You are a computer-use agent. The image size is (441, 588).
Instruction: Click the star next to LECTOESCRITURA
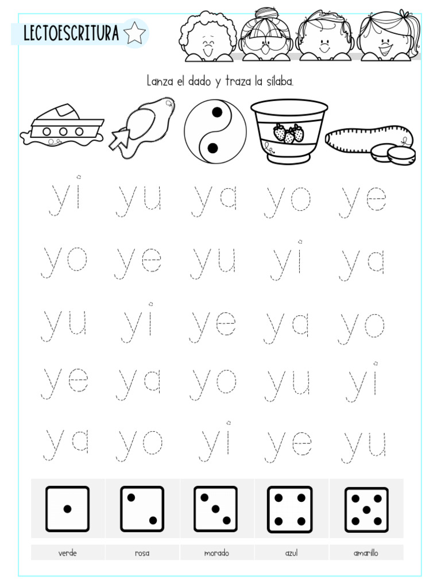click(134, 33)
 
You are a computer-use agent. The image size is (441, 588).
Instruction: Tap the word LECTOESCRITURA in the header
click(71, 34)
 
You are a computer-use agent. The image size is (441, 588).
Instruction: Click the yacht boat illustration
click(62, 127)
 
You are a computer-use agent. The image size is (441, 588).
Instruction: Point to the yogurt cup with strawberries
click(289, 131)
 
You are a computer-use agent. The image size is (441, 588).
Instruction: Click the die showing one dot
click(68, 509)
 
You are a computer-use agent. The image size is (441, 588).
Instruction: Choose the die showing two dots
click(142, 509)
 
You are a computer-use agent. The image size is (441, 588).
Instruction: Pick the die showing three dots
click(216, 509)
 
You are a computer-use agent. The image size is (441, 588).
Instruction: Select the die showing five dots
click(366, 509)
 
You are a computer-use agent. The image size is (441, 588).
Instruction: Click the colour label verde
click(68, 554)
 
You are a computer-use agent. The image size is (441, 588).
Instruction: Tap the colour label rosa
click(142, 554)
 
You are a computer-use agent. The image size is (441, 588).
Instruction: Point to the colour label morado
click(216, 554)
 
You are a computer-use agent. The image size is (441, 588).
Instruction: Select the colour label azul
click(291, 554)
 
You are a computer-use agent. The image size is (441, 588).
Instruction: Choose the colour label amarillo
click(366, 554)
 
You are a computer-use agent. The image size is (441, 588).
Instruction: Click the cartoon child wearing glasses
click(266, 36)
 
